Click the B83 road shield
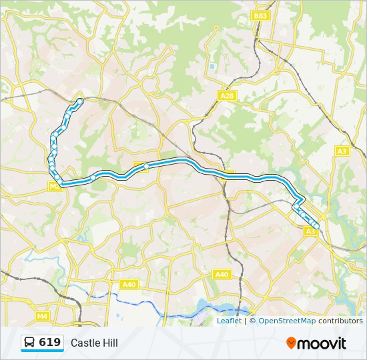(x=260, y=15)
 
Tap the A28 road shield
(x=228, y=96)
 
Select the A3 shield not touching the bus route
(x=342, y=151)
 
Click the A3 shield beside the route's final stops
(x=310, y=231)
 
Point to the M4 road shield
(x=43, y=316)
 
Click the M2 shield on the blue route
(x=55, y=187)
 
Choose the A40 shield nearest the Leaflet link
(x=222, y=274)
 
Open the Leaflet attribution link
(x=229, y=321)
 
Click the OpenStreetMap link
(x=287, y=321)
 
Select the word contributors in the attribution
(x=340, y=321)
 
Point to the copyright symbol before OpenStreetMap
(x=253, y=321)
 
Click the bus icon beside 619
(x=30, y=343)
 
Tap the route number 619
(x=50, y=343)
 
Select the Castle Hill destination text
(x=94, y=343)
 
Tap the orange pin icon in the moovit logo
(x=291, y=343)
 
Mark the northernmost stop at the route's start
(x=80, y=101)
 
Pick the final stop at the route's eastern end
(x=316, y=227)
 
